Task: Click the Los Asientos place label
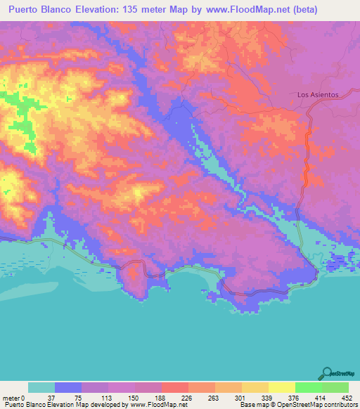pyautogui.click(x=318, y=94)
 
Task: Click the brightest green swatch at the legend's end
pyautogui.click(x=335, y=388)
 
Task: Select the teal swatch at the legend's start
pyautogui.click(x=41, y=388)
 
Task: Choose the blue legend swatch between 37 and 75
pyautogui.click(x=68, y=388)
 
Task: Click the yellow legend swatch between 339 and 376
pyautogui.click(x=282, y=388)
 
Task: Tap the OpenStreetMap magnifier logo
pyautogui.click(x=327, y=372)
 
